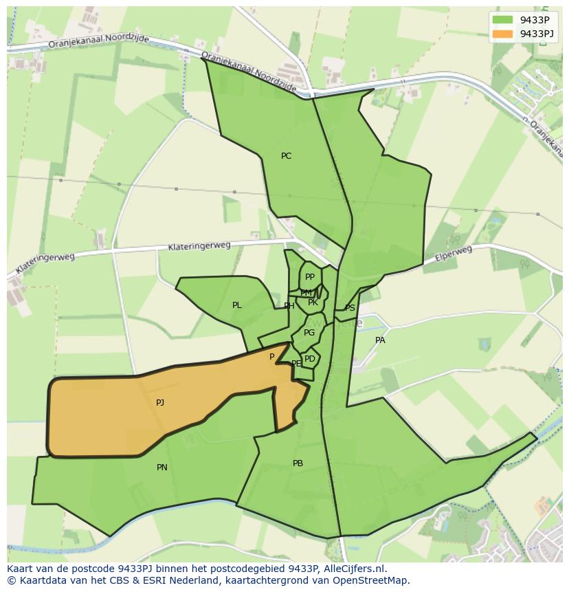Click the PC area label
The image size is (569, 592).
pyautogui.click(x=287, y=156)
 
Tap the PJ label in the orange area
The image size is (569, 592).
pyautogui.click(x=160, y=403)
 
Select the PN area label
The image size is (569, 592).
pyautogui.click(x=162, y=468)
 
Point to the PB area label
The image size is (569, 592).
pyautogui.click(x=298, y=463)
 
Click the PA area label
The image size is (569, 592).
pyautogui.click(x=380, y=340)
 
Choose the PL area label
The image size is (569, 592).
pyautogui.click(x=237, y=305)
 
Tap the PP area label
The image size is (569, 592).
pyautogui.click(x=310, y=277)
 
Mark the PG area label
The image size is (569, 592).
pyautogui.click(x=309, y=333)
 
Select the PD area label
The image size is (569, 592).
pyautogui.click(x=310, y=359)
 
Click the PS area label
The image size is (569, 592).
pyautogui.click(x=350, y=308)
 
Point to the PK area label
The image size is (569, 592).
pyautogui.click(x=313, y=303)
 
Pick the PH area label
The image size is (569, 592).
pyautogui.click(x=289, y=306)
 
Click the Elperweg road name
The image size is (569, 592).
pyautogui.click(x=454, y=254)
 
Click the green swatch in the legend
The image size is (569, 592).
pyautogui.click(x=502, y=20)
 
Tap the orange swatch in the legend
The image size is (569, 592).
pyautogui.click(x=502, y=34)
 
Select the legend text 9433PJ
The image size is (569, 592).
pyautogui.click(x=537, y=34)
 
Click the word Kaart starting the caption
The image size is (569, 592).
pyautogui.click(x=20, y=569)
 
